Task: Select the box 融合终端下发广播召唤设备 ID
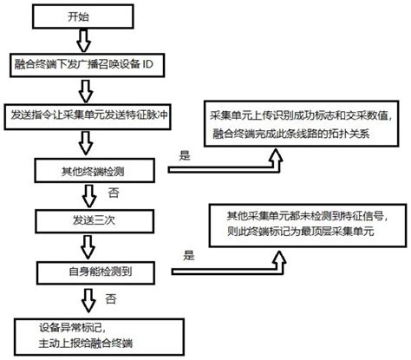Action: coord(84,64)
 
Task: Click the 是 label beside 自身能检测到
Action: coord(188,255)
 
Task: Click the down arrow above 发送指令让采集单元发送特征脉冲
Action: coord(84,89)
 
